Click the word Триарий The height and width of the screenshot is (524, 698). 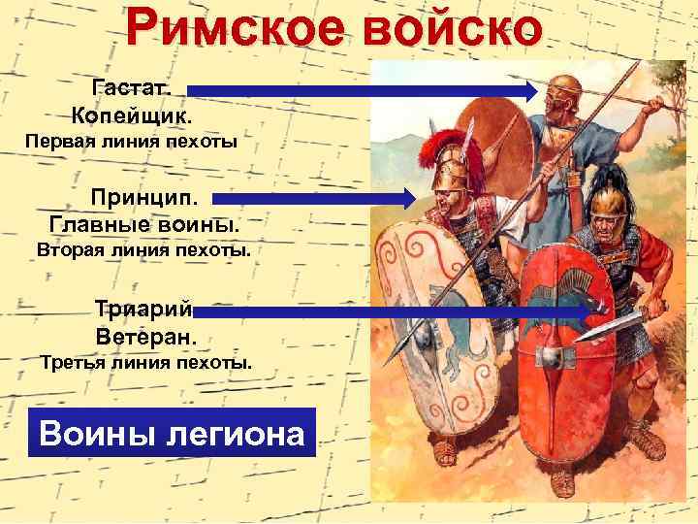pos(143,310)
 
